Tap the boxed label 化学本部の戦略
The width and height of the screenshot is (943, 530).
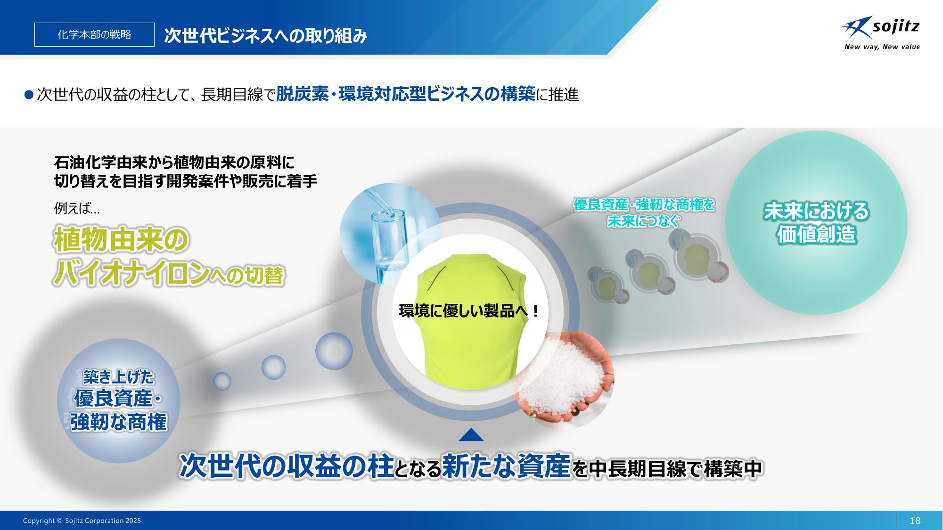(94, 34)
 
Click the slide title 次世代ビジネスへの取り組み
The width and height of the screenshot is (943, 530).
(266, 36)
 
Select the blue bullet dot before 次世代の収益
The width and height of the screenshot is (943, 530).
(29, 95)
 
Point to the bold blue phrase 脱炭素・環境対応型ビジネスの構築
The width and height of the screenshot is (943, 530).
(406, 94)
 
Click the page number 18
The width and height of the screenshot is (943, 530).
(915, 521)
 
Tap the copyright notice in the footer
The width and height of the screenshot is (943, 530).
(82, 521)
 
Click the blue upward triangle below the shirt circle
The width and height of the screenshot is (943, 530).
(471, 434)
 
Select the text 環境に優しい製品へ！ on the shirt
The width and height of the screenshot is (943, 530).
(469, 311)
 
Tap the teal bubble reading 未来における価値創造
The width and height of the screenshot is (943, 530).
(816, 222)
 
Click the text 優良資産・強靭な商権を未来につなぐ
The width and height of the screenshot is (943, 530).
(644, 212)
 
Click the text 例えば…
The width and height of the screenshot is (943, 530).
(77, 208)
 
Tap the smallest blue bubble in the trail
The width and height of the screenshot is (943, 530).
(222, 381)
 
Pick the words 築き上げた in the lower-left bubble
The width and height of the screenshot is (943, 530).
(119, 377)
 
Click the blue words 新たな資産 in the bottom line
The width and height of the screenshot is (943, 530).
(506, 466)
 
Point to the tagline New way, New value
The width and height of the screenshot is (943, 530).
(882, 47)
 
